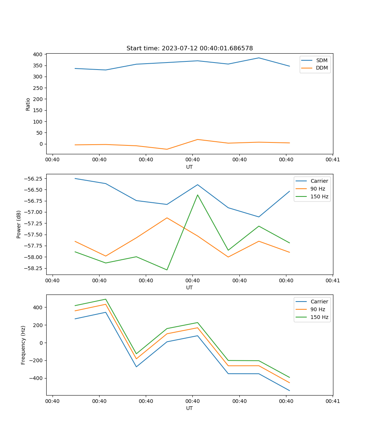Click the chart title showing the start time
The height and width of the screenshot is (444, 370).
coord(189,48)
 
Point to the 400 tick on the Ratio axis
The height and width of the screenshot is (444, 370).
coord(37,54)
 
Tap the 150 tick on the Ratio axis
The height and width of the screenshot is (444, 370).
coord(37,110)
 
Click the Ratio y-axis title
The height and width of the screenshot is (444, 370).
coord(28,104)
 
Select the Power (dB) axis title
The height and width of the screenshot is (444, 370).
coord(19,224)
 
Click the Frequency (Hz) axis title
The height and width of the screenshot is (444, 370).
coord(23,345)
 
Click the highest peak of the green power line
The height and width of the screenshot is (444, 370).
coord(198,195)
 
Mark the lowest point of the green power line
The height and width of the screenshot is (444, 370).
coord(167,270)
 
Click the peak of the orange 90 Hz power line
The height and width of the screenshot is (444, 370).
coord(167,218)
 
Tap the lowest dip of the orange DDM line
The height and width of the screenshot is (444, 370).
coord(167,149)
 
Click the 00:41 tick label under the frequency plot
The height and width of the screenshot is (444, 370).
coord(333,401)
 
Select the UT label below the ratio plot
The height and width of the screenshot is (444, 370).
coord(189,167)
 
